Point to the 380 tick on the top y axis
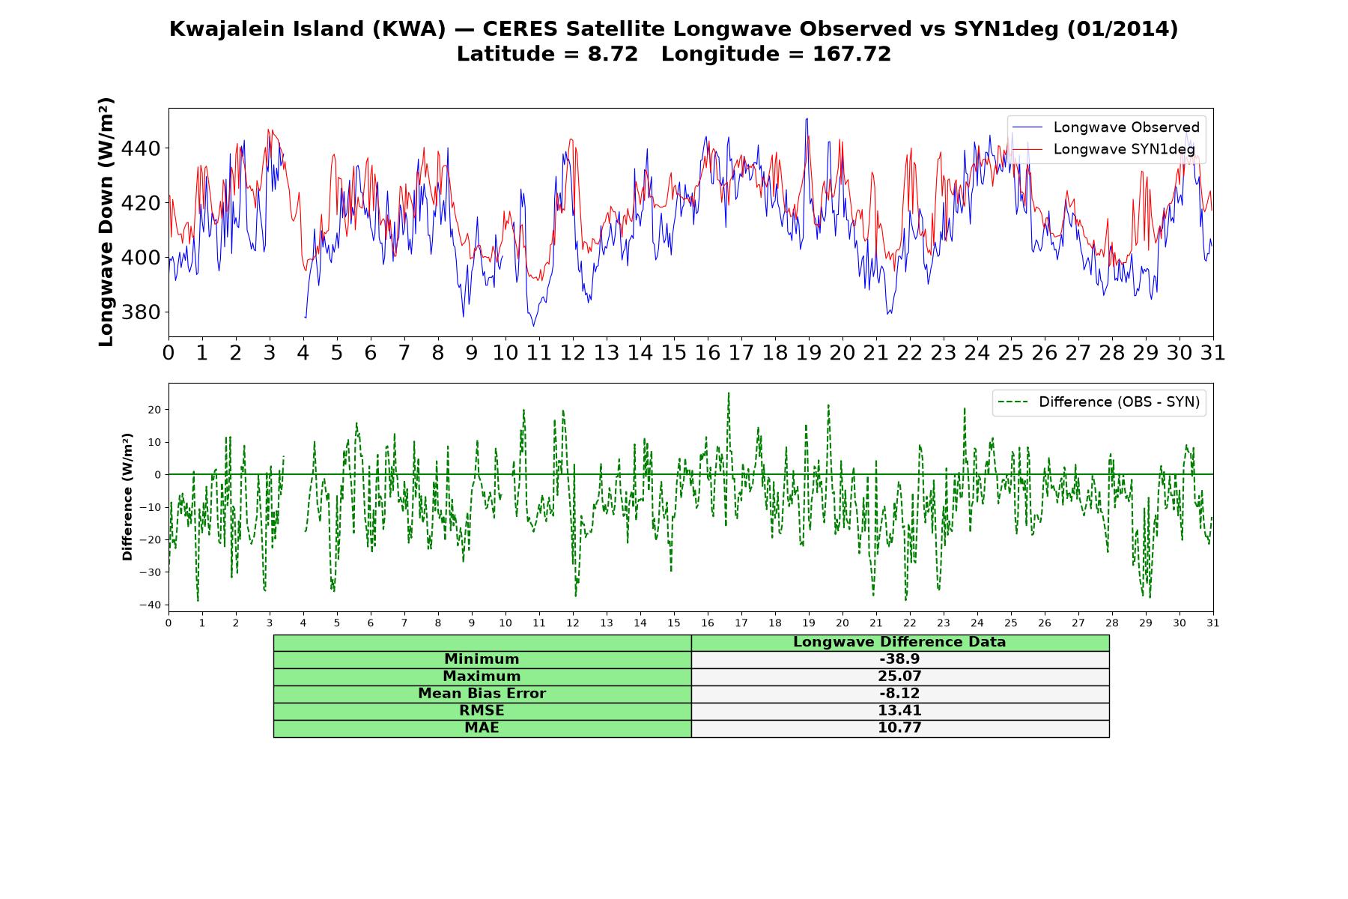141,312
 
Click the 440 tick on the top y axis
141,149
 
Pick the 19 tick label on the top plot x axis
809,353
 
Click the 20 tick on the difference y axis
154,410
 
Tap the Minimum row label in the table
482,659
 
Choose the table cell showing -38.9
899,659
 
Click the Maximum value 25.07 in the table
899,676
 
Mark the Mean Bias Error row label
482,694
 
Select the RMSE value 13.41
899,711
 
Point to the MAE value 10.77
899,728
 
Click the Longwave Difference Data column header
899,642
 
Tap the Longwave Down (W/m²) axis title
106,222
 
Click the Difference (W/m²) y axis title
127,497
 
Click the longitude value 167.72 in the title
852,55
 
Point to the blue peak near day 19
807,118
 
